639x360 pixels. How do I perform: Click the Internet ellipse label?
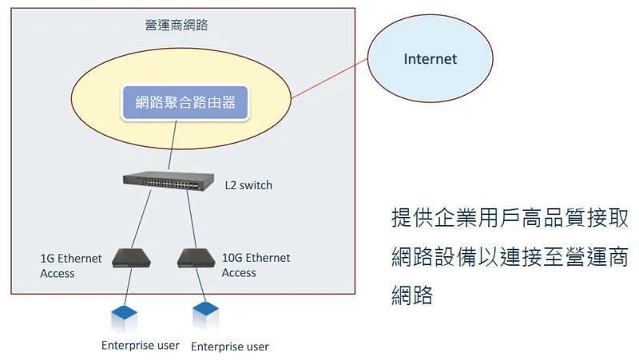[x=430, y=59]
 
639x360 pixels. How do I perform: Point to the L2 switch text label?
[x=248, y=185]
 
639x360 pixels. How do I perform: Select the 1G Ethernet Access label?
[x=71, y=266]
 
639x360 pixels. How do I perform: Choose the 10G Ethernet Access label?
[x=256, y=265]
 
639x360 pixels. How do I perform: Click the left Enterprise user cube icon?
[x=126, y=316]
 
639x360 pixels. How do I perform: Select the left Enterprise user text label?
[x=140, y=345]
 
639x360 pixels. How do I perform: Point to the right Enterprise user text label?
[x=230, y=346]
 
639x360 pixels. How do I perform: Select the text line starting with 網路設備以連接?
[x=509, y=257]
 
